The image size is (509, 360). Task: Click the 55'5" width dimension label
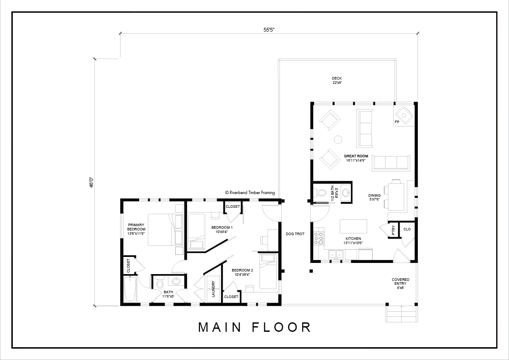click(269, 30)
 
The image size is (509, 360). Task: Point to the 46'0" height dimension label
click(91, 182)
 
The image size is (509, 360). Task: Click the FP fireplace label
click(397, 122)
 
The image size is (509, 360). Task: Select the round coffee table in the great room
click(338, 139)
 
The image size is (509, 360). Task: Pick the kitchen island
click(353, 226)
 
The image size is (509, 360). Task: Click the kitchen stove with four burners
click(318, 237)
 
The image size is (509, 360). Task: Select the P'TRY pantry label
click(393, 230)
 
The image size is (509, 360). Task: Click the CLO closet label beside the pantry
click(407, 229)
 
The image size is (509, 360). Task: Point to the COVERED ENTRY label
click(400, 281)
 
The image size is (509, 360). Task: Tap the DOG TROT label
click(295, 234)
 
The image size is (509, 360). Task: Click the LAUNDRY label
click(214, 289)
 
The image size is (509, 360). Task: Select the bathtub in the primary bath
click(130, 289)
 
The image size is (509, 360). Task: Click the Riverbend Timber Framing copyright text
click(250, 192)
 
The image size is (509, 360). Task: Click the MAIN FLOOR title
click(255, 327)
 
